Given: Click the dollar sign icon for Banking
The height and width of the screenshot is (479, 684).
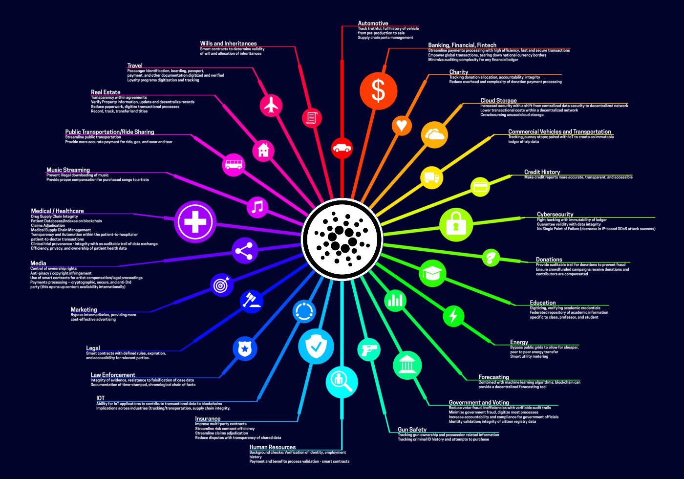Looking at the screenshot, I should (x=378, y=90).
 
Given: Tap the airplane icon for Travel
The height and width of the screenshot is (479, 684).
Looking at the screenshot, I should (x=271, y=105).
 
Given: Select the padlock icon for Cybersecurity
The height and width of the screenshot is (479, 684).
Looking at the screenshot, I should (x=456, y=224).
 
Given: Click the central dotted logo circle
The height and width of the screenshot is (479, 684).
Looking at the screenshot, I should (x=342, y=239).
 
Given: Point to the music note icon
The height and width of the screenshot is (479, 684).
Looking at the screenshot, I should (x=257, y=207).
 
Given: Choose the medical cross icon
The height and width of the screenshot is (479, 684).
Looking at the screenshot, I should (x=195, y=221).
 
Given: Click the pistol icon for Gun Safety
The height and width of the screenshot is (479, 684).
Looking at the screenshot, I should (x=368, y=350).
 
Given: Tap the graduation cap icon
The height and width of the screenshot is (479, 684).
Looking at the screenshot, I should (x=432, y=273).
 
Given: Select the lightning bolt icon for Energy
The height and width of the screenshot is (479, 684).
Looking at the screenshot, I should (x=453, y=316).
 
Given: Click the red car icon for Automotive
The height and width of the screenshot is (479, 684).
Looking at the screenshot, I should (x=342, y=147).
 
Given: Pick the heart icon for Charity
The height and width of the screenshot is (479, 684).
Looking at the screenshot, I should (x=401, y=125).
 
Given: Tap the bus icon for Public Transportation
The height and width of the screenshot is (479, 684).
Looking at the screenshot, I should (x=233, y=164).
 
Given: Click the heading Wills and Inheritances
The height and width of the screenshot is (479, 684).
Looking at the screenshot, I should (x=228, y=44).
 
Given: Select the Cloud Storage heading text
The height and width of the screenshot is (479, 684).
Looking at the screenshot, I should (x=498, y=101).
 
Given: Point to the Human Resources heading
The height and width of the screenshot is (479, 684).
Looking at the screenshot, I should (x=273, y=447).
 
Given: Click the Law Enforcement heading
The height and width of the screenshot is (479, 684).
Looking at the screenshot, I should (x=113, y=375).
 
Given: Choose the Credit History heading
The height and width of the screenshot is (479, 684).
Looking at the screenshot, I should (x=542, y=172).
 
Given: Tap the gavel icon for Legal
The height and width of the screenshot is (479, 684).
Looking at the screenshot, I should (x=252, y=301).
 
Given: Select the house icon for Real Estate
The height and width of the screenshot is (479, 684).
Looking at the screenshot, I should (x=263, y=150).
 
